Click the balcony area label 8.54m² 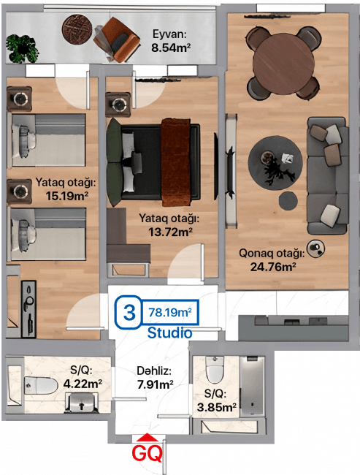171,47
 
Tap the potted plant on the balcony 23,49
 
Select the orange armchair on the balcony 117,39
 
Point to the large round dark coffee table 275,163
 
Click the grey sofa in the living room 328,176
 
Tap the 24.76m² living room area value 273,267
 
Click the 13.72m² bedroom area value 170,232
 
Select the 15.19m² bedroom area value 67,196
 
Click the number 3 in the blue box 129,312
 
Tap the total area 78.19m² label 170,312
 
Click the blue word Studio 169,332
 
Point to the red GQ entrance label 148,453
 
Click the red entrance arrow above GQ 148,437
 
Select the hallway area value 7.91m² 156,384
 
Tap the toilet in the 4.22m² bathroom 41,386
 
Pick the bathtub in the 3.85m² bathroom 253,386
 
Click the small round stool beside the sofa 288,200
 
